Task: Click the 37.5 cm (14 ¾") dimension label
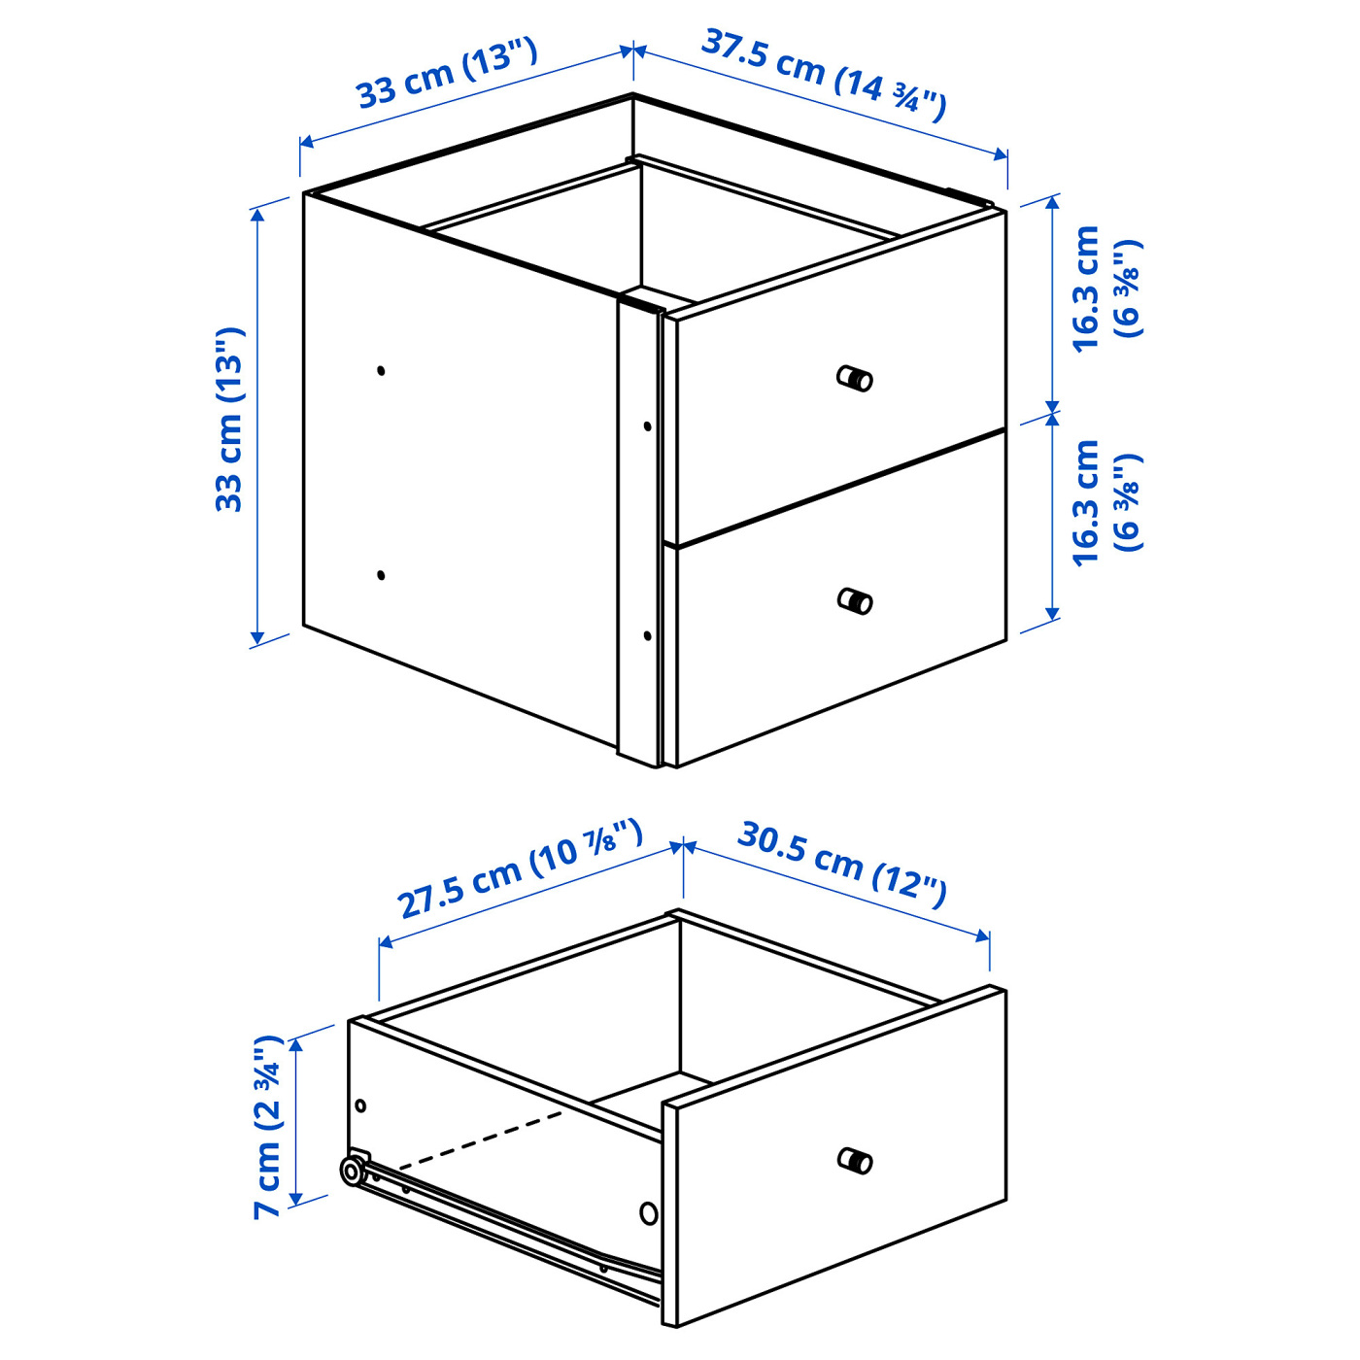(823, 76)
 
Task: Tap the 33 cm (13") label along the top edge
(447, 74)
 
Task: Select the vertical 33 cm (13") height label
(230, 420)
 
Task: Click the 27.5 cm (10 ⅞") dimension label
(520, 868)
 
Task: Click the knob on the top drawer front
(855, 378)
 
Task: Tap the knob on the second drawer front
(855, 601)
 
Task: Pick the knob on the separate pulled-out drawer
(855, 1160)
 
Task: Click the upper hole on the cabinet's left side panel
(381, 370)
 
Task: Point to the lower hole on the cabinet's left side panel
(381, 575)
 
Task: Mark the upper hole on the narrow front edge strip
(648, 425)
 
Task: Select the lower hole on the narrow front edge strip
(648, 635)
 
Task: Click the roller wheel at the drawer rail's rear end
(352, 1172)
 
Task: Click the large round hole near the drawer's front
(649, 1212)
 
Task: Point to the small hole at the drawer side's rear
(360, 1105)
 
